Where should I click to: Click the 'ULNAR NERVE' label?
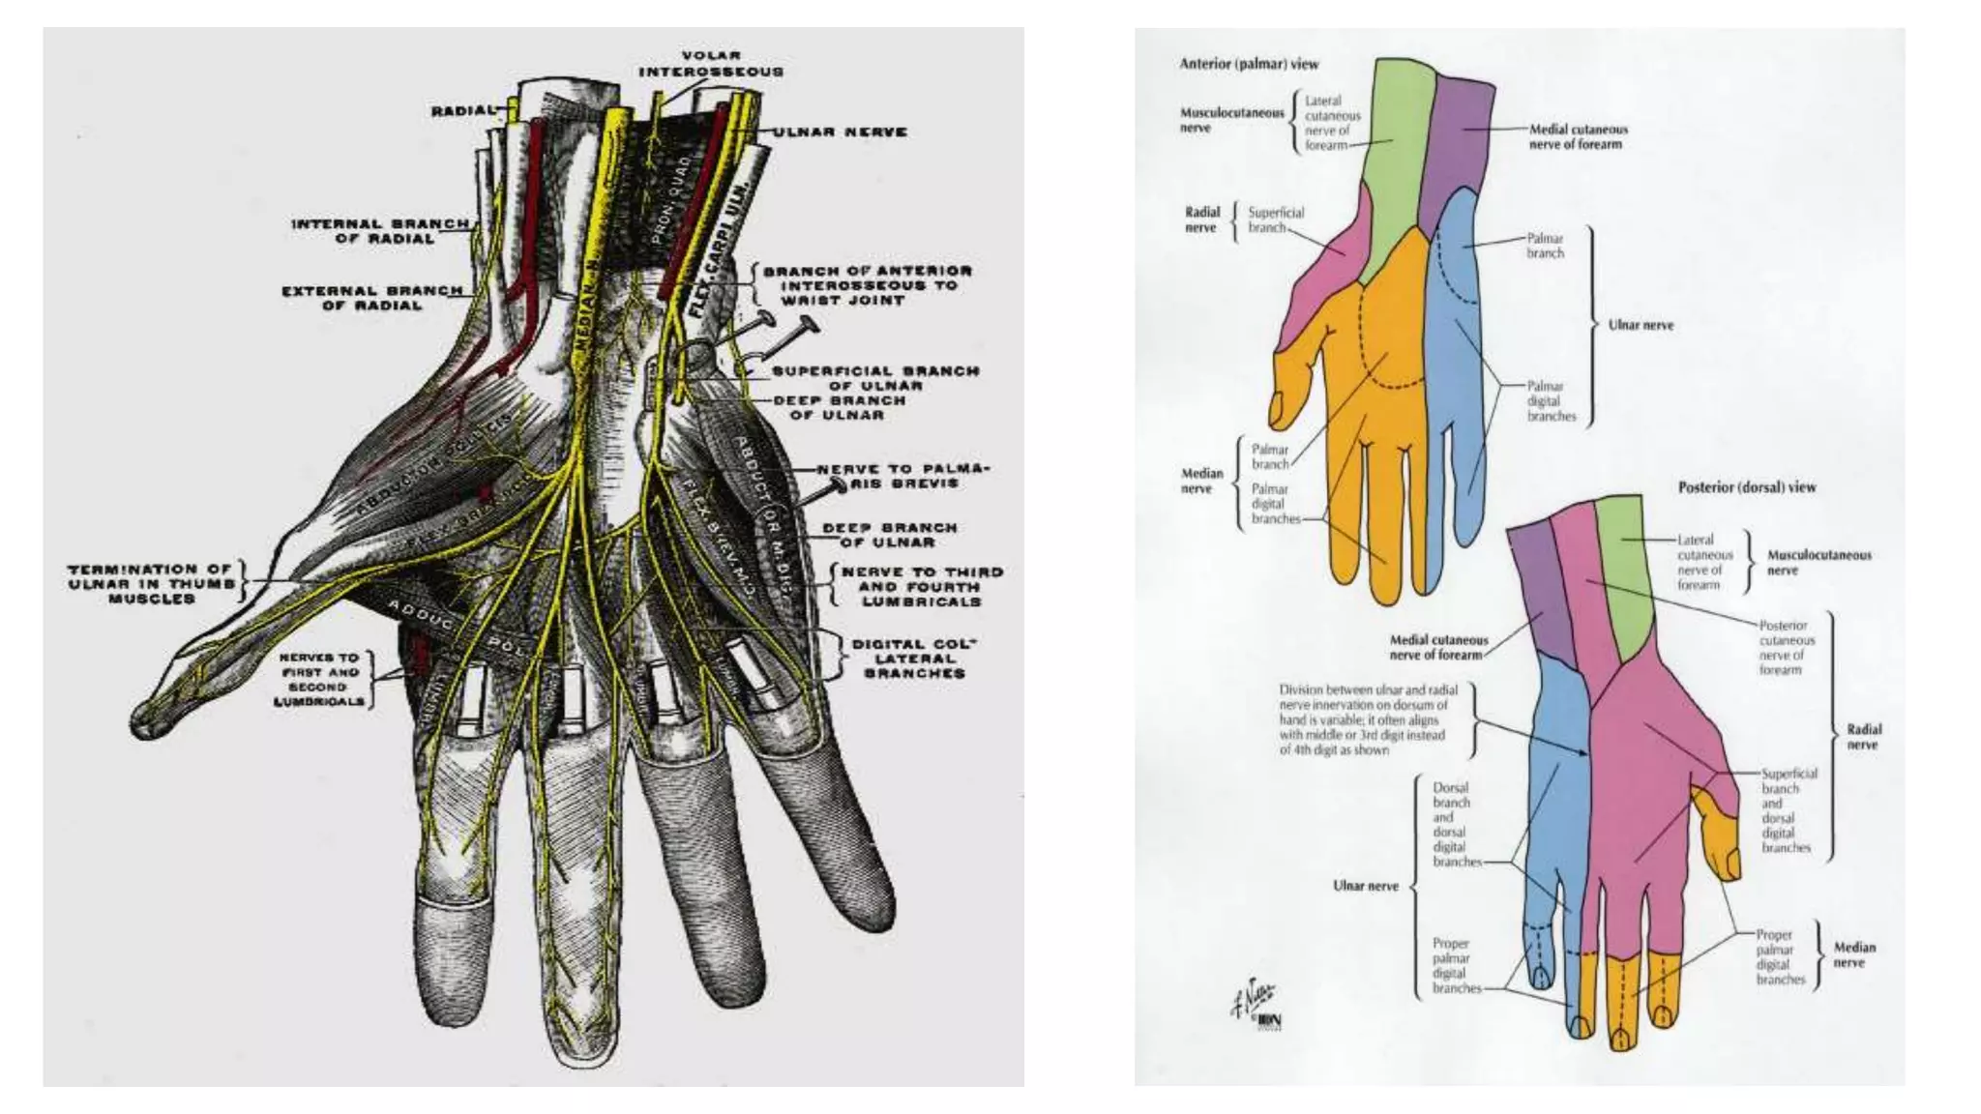[x=839, y=132]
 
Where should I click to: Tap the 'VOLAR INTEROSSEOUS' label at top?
[x=711, y=64]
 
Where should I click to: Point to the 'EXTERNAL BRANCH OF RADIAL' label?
[x=371, y=298]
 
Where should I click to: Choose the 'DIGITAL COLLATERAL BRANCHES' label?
[x=914, y=659]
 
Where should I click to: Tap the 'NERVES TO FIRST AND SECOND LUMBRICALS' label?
[x=319, y=679]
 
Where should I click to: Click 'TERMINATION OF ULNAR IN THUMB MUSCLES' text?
[x=151, y=584]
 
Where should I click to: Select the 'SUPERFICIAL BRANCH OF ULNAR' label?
[x=874, y=378]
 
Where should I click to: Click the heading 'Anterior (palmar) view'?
[x=1249, y=64]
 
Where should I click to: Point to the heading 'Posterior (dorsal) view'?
[x=1746, y=487]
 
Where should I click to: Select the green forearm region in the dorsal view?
[x=1620, y=571]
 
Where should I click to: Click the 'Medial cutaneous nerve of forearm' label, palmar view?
[x=1577, y=136]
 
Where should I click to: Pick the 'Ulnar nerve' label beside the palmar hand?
[x=1641, y=325]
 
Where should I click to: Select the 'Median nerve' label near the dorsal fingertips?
[x=1853, y=954]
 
